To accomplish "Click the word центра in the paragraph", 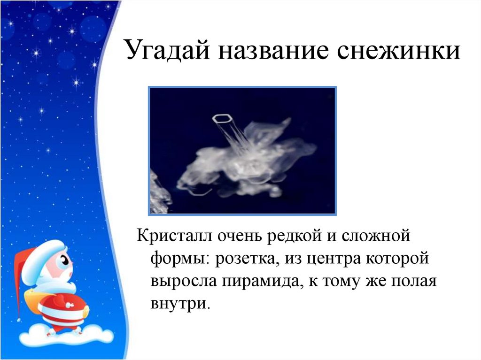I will [x=335, y=258].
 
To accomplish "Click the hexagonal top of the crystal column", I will [x=222, y=118].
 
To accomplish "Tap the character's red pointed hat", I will [x=21, y=272].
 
